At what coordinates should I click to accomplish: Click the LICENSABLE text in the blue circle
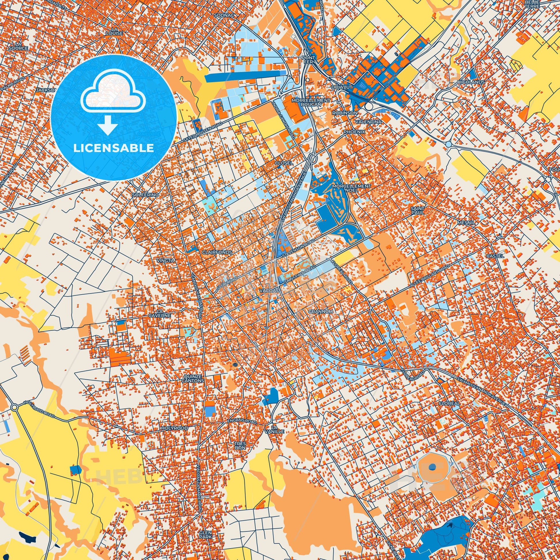pyautogui.click(x=114, y=148)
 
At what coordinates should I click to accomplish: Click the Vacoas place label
pyautogui.click(x=270, y=290)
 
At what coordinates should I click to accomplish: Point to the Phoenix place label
pyautogui.click(x=354, y=132)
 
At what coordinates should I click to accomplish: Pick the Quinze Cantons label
pyautogui.click(x=193, y=378)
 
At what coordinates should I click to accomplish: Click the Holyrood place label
pyautogui.click(x=174, y=428)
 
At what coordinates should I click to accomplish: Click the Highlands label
pyautogui.click(x=471, y=82)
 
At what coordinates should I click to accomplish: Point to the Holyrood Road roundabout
pyautogui.click(x=14, y=407)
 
